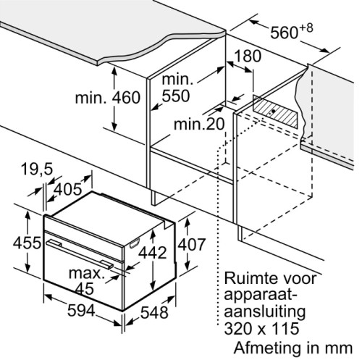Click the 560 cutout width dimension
285,33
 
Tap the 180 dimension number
248,56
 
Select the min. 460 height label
108,98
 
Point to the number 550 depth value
176,96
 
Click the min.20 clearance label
199,124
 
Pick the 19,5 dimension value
37,169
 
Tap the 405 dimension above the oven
67,189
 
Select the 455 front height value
27,243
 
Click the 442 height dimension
153,253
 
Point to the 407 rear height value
192,244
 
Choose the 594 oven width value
81,310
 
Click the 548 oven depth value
154,312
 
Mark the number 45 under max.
84,288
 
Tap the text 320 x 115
261,328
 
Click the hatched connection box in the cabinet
275,111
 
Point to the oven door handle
80,254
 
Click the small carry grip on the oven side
135,243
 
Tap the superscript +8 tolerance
306,28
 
